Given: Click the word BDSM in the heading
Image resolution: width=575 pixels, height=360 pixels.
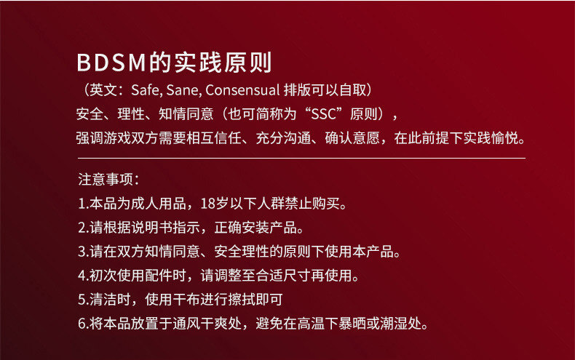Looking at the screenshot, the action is (x=111, y=63).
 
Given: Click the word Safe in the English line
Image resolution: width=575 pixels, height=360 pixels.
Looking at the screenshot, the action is (x=145, y=90).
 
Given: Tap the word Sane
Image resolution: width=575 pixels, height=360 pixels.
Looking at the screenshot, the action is (x=183, y=90).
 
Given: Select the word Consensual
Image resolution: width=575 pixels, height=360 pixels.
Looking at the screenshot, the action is (x=242, y=90).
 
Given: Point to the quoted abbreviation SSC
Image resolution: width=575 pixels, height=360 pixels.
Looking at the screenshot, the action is (x=323, y=114).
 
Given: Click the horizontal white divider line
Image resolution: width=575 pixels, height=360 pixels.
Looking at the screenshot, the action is (x=301, y=159).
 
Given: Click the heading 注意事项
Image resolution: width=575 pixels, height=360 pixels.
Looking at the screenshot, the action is (x=106, y=180).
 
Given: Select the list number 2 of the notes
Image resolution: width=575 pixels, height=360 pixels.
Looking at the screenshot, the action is (x=82, y=228).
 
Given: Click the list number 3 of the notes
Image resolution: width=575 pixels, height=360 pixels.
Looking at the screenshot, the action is (x=82, y=252).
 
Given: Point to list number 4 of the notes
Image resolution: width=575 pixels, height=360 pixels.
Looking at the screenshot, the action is (x=82, y=276).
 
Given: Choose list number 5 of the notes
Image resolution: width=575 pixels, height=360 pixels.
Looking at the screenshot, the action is (x=82, y=300).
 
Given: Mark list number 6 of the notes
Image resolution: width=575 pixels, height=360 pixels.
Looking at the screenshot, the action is (x=82, y=324).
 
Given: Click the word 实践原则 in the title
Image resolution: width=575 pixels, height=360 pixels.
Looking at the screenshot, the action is (x=223, y=63).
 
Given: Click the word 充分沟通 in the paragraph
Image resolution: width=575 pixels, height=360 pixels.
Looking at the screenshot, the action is (x=283, y=138).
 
